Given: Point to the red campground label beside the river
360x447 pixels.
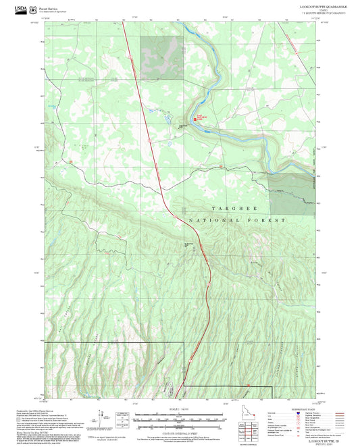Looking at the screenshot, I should coord(201,117).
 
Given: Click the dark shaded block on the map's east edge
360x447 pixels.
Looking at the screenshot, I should coord(292,192).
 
